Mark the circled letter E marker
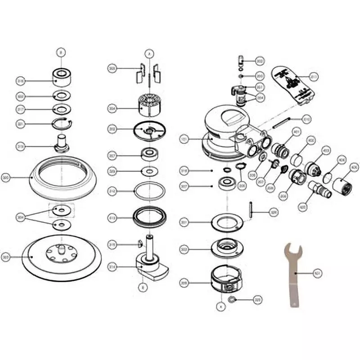[142, 286]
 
